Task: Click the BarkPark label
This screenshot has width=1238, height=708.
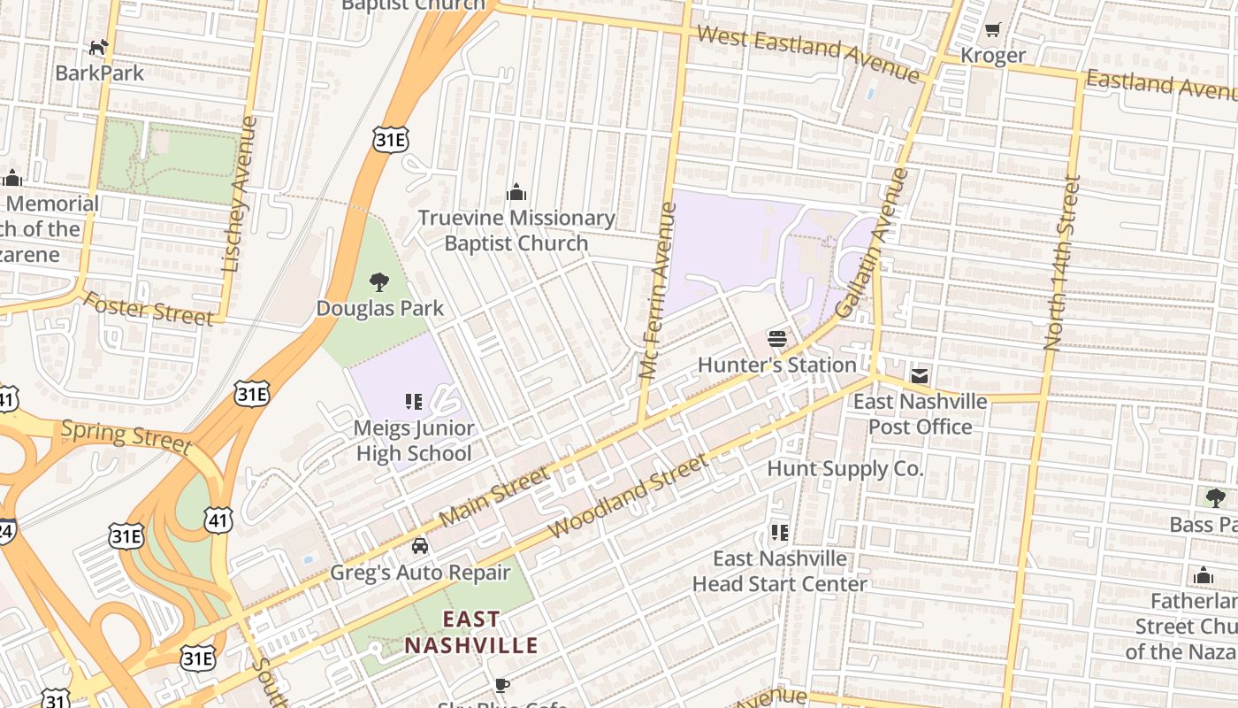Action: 99,73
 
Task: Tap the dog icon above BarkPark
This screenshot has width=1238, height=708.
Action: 99,47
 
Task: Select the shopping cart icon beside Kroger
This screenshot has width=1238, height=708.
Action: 992,30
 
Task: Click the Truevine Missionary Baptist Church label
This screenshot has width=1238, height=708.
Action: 516,230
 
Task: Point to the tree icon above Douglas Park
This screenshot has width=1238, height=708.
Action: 379,282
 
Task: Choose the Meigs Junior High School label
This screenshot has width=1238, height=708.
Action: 414,441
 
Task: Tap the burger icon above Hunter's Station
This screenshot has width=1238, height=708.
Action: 777,338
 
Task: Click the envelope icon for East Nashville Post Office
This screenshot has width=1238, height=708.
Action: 920,376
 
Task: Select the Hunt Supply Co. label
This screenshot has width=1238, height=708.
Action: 844,468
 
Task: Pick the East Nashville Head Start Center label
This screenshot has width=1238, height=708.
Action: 780,571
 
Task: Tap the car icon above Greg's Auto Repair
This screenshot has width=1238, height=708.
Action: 420,545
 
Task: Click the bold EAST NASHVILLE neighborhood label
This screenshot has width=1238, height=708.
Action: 471,632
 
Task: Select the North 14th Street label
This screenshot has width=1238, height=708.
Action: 1062,262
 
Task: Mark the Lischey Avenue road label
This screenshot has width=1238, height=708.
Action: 240,194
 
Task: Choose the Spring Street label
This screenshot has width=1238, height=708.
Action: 125,435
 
